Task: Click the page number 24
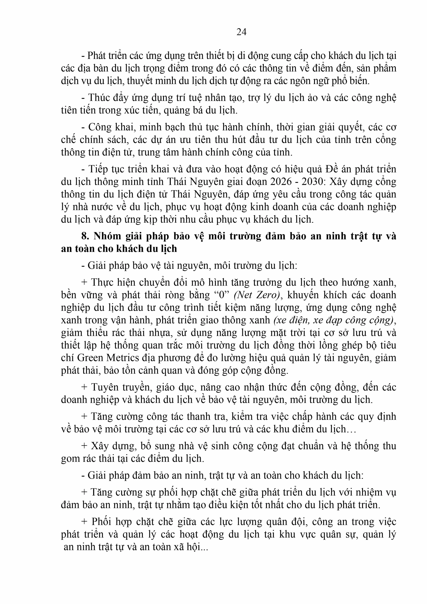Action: [x=241, y=32]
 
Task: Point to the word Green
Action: [x=90, y=358]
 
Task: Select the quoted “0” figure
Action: [x=222, y=295]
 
